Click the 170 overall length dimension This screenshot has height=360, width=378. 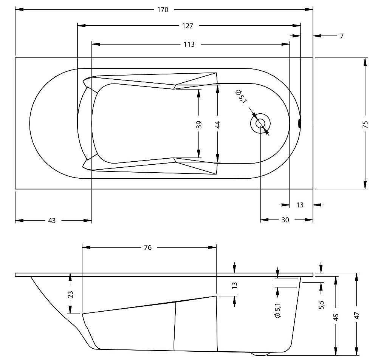click(x=163, y=10)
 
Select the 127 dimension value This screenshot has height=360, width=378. click(x=187, y=26)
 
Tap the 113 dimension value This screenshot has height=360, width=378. click(x=189, y=45)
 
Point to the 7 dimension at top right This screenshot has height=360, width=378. click(x=342, y=36)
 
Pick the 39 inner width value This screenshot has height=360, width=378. click(x=199, y=124)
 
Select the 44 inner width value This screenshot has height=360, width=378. click(x=218, y=124)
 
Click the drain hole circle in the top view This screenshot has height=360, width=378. click(x=260, y=123)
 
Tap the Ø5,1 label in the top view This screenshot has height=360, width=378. click(x=239, y=97)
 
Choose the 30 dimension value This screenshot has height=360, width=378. click(x=285, y=220)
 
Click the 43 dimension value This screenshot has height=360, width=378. click(x=52, y=221)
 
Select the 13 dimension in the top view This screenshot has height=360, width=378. click(x=300, y=205)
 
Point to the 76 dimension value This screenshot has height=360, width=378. click(x=148, y=248)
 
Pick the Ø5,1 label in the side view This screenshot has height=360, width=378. click(x=278, y=310)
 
